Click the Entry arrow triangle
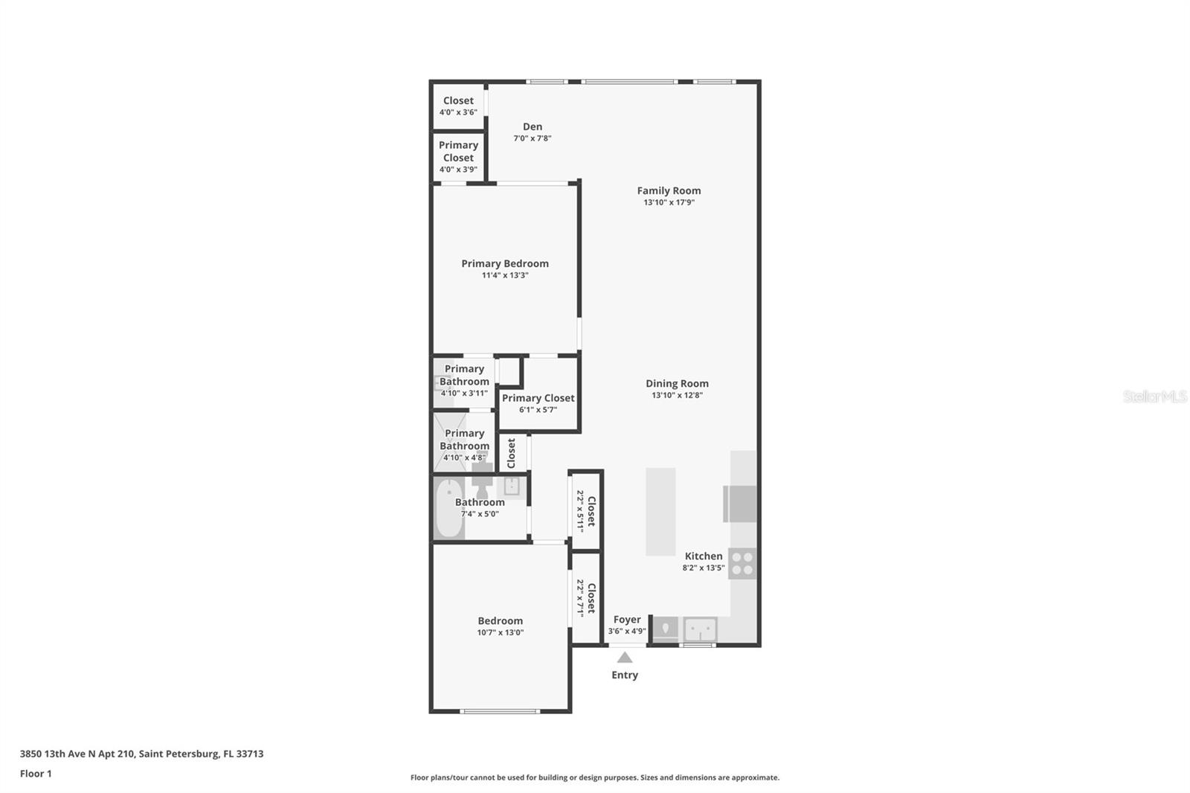(625, 658)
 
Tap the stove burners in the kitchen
(742, 563)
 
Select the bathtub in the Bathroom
(448, 509)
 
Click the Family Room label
(669, 190)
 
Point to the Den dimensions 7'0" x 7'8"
(532, 138)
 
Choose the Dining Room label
(677, 384)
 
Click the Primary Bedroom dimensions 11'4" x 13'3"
(504, 275)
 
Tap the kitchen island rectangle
(660, 511)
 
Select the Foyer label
(627, 620)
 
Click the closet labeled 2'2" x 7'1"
(586, 597)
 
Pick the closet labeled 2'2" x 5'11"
(586, 510)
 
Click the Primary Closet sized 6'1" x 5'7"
(538, 402)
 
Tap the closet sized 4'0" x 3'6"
(458, 106)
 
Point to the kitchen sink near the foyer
(700, 629)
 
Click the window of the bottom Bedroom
(500, 711)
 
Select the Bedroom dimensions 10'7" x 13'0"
(500, 632)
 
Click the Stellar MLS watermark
(1154, 396)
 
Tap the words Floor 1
(36, 774)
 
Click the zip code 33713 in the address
(250, 754)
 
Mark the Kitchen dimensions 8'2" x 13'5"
(703, 568)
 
